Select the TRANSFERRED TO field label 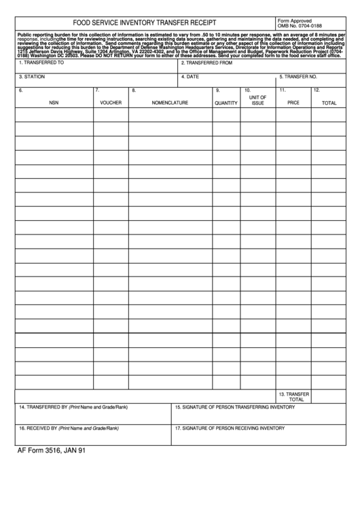click(x=42, y=63)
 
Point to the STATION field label click(x=32, y=77)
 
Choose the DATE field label click(x=192, y=77)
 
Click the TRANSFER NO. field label click(x=298, y=77)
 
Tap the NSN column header click(x=54, y=103)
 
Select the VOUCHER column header click(x=111, y=103)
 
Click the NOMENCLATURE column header click(x=170, y=103)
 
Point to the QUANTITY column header click(x=226, y=103)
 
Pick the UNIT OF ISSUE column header click(x=257, y=100)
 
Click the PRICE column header click(x=293, y=103)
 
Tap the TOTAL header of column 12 click(x=329, y=103)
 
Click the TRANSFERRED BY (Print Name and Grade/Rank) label click(x=73, y=407)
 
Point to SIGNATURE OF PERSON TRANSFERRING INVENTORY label click(x=234, y=407)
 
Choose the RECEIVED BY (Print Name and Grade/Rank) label click(x=69, y=428)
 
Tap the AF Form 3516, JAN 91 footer click(x=52, y=451)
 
